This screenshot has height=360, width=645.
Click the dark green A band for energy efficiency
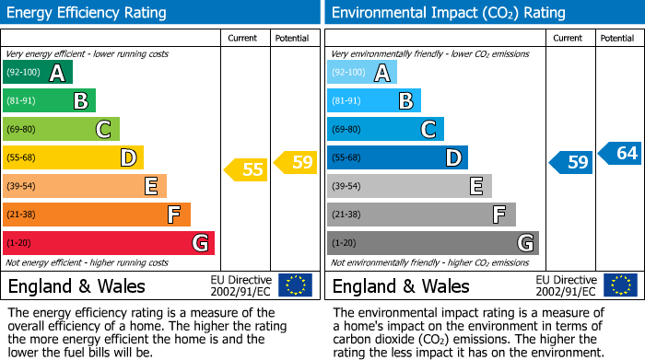pos(37,73)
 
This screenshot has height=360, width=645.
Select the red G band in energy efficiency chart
pos(108,243)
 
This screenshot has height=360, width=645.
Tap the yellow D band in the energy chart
pos(73,158)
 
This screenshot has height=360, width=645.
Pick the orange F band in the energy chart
pos(96,215)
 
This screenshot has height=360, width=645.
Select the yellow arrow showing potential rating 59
pos(296,163)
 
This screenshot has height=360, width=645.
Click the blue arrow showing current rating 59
pos(571,163)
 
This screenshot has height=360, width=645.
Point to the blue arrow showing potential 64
pos(620,153)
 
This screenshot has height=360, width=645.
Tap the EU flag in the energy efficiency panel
pos(295,285)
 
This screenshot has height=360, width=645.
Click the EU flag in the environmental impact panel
pos(619,285)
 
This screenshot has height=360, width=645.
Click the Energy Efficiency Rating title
pos(88,13)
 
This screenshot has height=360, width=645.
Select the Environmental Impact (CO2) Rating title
pos(448,13)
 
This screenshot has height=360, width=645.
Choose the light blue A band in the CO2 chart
pos(361,73)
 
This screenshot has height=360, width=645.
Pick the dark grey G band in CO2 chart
pos(432,243)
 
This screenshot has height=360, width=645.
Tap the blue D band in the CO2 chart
pos(397,158)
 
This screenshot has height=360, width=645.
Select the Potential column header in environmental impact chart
pos(617,38)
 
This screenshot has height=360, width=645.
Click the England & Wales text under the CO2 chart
pos(401,285)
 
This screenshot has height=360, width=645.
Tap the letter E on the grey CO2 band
pos(476,187)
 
